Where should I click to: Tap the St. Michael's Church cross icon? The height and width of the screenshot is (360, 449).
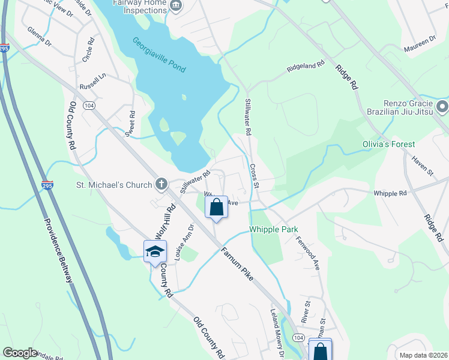coord(161,184)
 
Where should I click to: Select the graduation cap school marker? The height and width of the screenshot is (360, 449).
coord(154,251)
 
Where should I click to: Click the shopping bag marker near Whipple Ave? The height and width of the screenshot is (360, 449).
coord(216,208)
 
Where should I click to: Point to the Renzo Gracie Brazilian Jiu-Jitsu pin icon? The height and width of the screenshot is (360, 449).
coord(442,108)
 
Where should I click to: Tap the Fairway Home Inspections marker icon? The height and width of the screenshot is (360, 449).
coord(176,6)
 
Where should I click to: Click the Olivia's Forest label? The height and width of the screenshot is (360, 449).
coord(405,145)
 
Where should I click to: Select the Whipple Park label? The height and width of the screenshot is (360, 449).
coord(274,230)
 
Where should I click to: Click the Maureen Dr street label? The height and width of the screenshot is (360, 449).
coord(420,41)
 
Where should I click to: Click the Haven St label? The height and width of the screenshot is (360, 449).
coord(422,166)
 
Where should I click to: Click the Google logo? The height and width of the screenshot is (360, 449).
coord(20,353)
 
